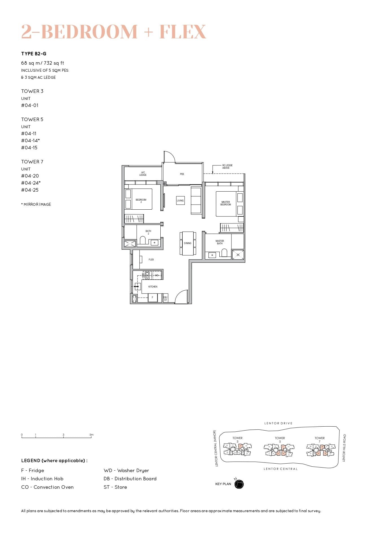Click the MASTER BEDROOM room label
click(226, 203)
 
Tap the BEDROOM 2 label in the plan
click(141, 201)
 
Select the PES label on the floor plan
click(182, 174)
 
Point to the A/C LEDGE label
click(143, 174)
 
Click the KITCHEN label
click(153, 287)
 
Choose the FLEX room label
click(151, 260)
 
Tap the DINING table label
click(188, 243)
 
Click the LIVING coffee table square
click(180, 200)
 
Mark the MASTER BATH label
click(220, 242)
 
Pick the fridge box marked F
click(153, 297)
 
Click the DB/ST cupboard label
click(165, 299)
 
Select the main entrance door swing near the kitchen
click(182, 297)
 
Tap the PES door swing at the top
click(169, 157)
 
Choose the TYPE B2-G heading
click(34, 54)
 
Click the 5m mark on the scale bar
click(91, 435)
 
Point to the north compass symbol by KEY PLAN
click(239, 484)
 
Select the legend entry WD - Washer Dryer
click(126, 470)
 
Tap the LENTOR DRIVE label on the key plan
click(278, 423)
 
